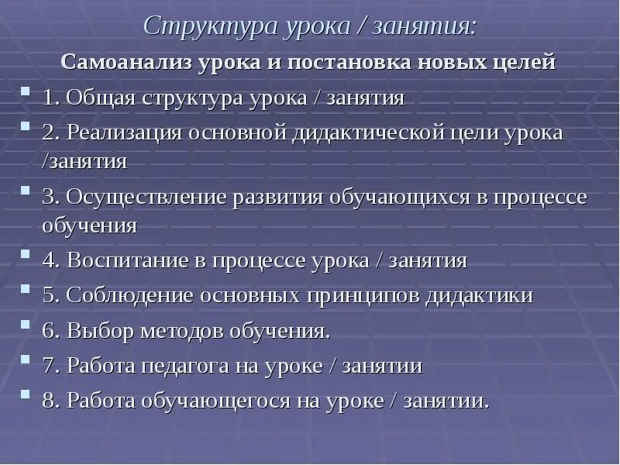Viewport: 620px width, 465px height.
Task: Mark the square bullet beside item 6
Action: click(x=26, y=325)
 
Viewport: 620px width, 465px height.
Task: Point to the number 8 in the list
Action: click(x=48, y=401)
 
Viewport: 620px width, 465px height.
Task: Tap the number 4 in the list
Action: click(x=48, y=260)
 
